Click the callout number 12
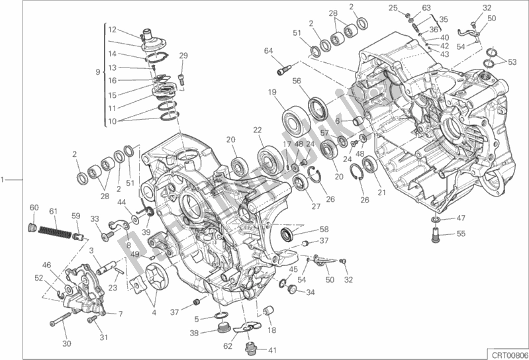pyautogui.click(x=112, y=29)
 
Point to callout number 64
pyautogui.click(x=268, y=51)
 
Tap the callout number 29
pyautogui.click(x=183, y=56)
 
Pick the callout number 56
pyautogui.click(x=297, y=81)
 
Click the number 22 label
pyautogui.click(x=257, y=130)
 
